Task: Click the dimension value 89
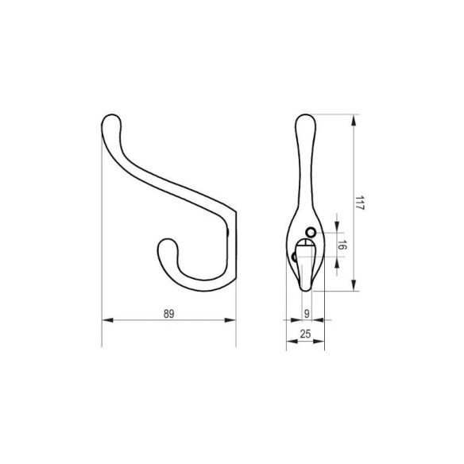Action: point(169,314)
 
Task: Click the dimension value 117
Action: point(359,203)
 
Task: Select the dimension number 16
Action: point(342,245)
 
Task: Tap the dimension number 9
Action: point(307,313)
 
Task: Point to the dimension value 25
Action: point(305,334)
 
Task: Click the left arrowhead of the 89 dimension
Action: point(108,320)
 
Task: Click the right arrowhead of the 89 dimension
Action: point(230,320)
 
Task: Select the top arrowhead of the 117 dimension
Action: point(354,121)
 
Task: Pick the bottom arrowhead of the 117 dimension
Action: point(354,284)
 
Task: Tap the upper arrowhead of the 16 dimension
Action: point(337,227)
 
